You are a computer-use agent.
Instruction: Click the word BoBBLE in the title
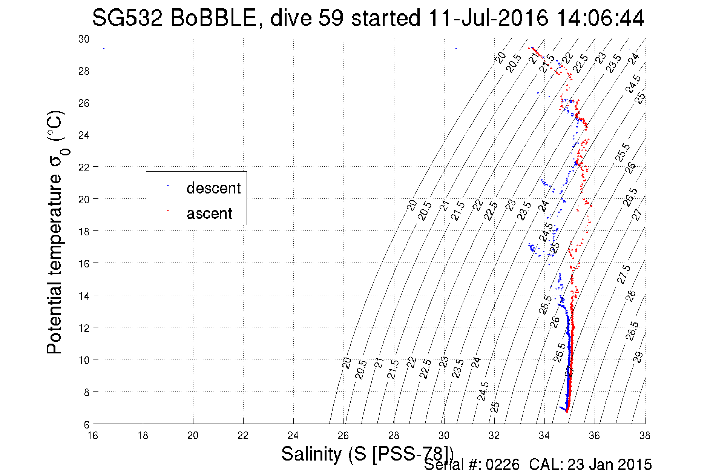213,18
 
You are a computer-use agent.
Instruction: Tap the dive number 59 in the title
331,18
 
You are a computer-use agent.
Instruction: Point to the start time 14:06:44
600,18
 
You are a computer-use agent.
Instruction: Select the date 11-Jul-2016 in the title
488,18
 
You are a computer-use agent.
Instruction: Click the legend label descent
213,188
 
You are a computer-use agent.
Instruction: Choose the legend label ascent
209,213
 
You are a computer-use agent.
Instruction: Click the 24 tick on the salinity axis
293,436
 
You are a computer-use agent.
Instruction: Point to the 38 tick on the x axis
644,436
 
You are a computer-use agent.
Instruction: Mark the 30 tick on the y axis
84,39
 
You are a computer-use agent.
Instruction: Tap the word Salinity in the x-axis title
311,453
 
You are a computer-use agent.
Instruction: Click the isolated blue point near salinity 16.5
104,49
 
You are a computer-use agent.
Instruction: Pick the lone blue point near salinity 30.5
456,49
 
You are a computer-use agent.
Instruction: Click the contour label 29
638,357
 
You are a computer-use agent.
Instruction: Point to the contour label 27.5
623,274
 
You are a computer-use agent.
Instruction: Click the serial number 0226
502,465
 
